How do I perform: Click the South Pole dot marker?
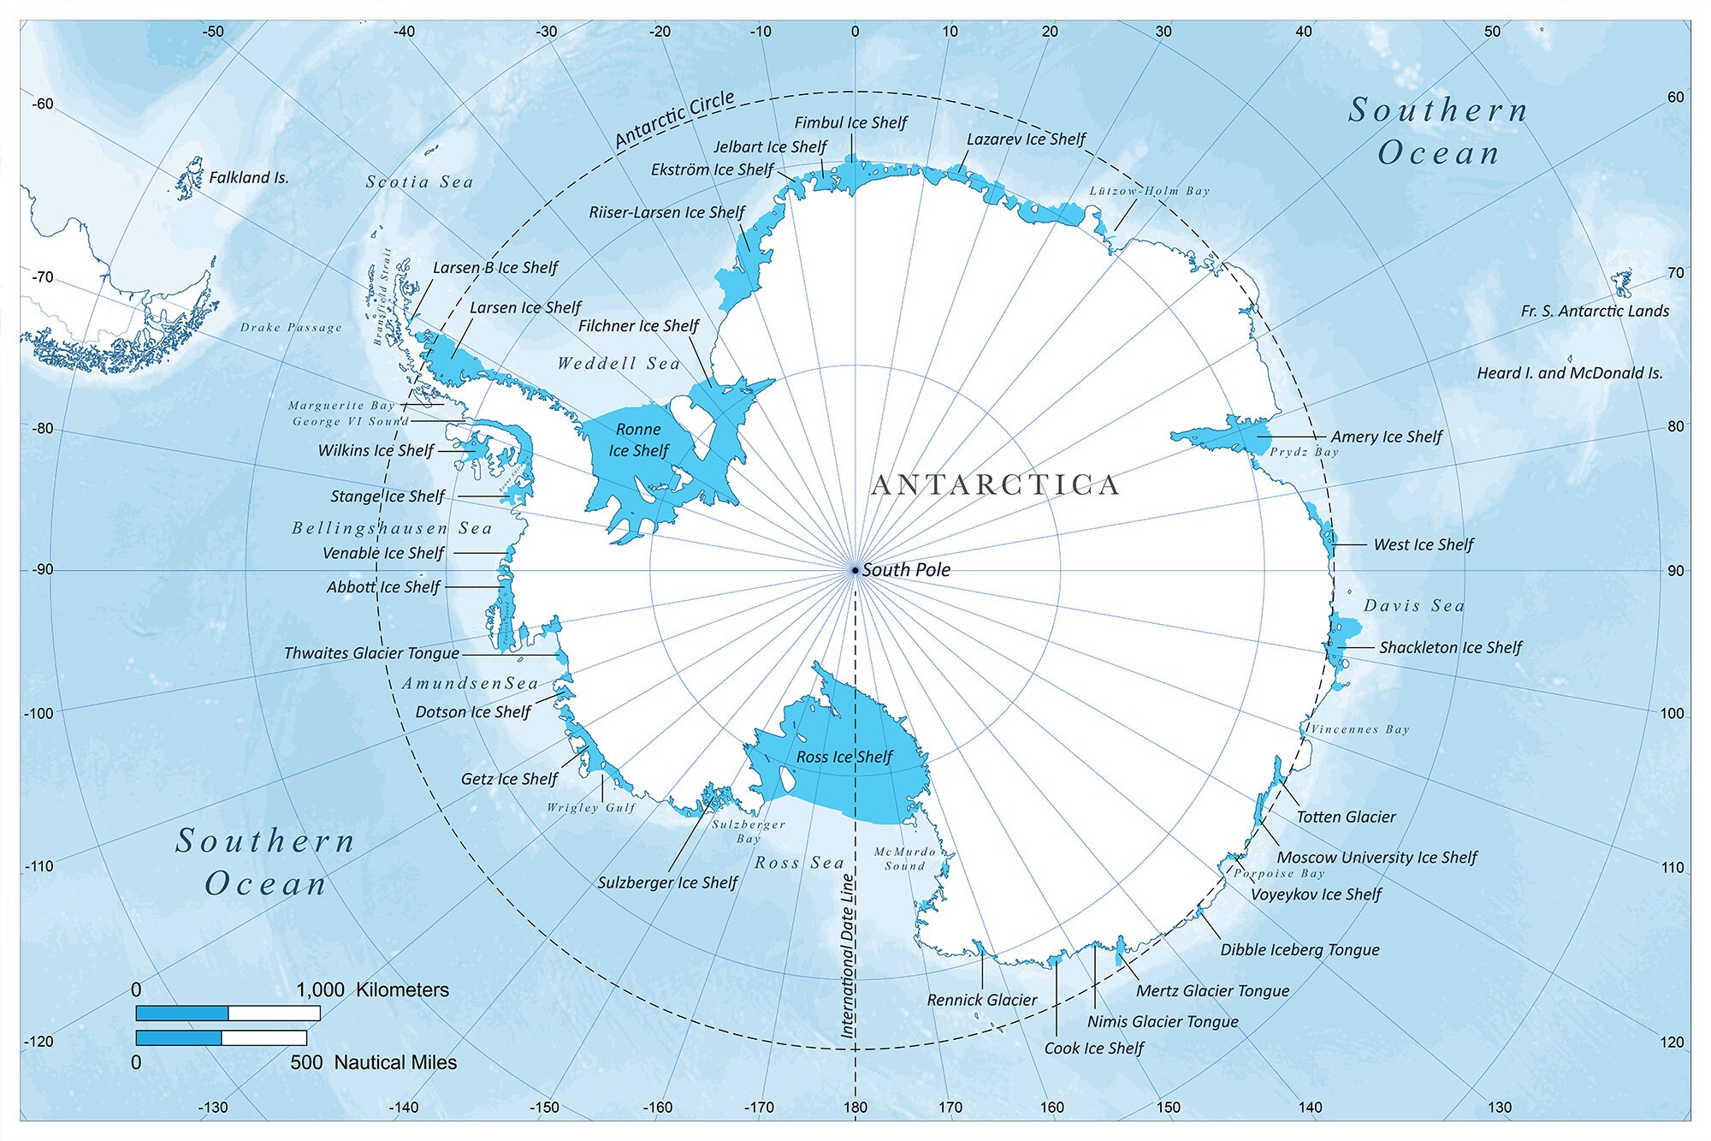[x=855, y=570]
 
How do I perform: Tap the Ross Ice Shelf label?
[x=844, y=757]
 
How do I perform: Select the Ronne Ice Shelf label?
[x=638, y=440]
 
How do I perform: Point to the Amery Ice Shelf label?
[x=1386, y=437]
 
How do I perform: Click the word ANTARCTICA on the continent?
[x=995, y=485]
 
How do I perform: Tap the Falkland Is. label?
[x=248, y=178]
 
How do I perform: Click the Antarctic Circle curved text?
[x=675, y=119]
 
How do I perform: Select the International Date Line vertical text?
[x=848, y=956]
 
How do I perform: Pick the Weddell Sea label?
[x=619, y=364]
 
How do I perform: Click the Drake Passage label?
[x=291, y=328]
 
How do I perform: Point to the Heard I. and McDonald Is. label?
[x=1569, y=373]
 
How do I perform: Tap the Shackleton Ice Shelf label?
[x=1450, y=648]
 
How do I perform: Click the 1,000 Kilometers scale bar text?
[x=372, y=990]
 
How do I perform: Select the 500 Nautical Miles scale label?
[x=373, y=1063]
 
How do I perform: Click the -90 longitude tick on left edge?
[x=42, y=570]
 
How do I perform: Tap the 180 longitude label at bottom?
[x=855, y=1107]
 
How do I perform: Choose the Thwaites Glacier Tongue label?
[x=371, y=653]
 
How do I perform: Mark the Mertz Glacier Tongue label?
[x=1212, y=991]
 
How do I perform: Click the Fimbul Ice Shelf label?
[x=850, y=123]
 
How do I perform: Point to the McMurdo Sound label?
[x=905, y=859]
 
